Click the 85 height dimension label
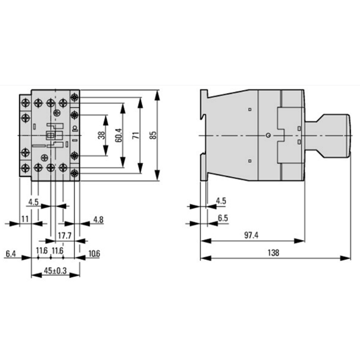[153, 135]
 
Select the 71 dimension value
[136, 135]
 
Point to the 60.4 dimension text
[119, 135]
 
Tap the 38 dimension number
[101, 135]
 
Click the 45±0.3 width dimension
[55, 271]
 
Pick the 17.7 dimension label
[65, 236]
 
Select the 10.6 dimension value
[94, 254]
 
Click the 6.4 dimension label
[11, 254]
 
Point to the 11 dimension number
[25, 219]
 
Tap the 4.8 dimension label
[98, 220]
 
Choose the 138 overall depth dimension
[274, 253]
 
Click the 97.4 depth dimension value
[251, 235]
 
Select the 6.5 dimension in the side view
[223, 218]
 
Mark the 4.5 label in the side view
[221, 201]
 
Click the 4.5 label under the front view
[34, 202]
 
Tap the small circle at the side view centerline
[268, 136]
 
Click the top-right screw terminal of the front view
[74, 98]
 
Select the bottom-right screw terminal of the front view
[74, 173]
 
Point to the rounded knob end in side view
[348, 136]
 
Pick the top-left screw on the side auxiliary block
[25, 102]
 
